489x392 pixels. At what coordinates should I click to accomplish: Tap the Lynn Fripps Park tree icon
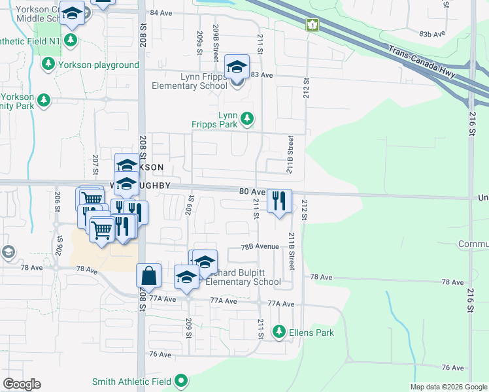pyautogui.click(x=247, y=118)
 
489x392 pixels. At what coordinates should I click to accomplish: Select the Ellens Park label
pyautogui.click(x=312, y=333)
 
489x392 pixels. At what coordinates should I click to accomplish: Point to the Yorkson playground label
pyautogui.click(x=99, y=65)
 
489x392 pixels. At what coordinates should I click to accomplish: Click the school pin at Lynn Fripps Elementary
pyautogui.click(x=237, y=68)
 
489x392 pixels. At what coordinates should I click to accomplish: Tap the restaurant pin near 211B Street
pyautogui.click(x=279, y=201)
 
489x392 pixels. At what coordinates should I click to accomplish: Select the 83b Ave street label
pyautogui.click(x=432, y=33)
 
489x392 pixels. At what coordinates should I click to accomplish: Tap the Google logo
pyautogui.click(x=22, y=384)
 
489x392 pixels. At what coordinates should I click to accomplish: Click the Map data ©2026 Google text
pyautogui.click(x=448, y=387)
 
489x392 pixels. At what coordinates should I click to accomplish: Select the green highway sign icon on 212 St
pyautogui.click(x=312, y=25)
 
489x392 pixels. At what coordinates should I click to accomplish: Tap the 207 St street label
pyautogui.click(x=95, y=161)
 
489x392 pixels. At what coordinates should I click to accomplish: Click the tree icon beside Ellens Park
pyautogui.click(x=280, y=333)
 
